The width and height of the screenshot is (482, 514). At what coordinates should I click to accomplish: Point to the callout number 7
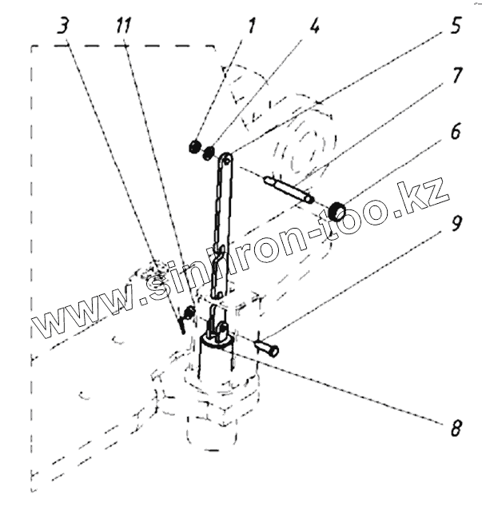tap(456, 78)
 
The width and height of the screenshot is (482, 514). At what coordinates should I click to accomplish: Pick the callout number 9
tap(456, 225)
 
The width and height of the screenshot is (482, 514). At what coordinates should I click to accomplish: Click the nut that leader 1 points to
tap(193, 146)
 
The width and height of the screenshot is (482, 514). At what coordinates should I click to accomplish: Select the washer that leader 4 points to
tap(209, 151)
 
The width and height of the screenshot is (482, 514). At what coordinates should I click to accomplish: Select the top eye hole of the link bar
tap(228, 158)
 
